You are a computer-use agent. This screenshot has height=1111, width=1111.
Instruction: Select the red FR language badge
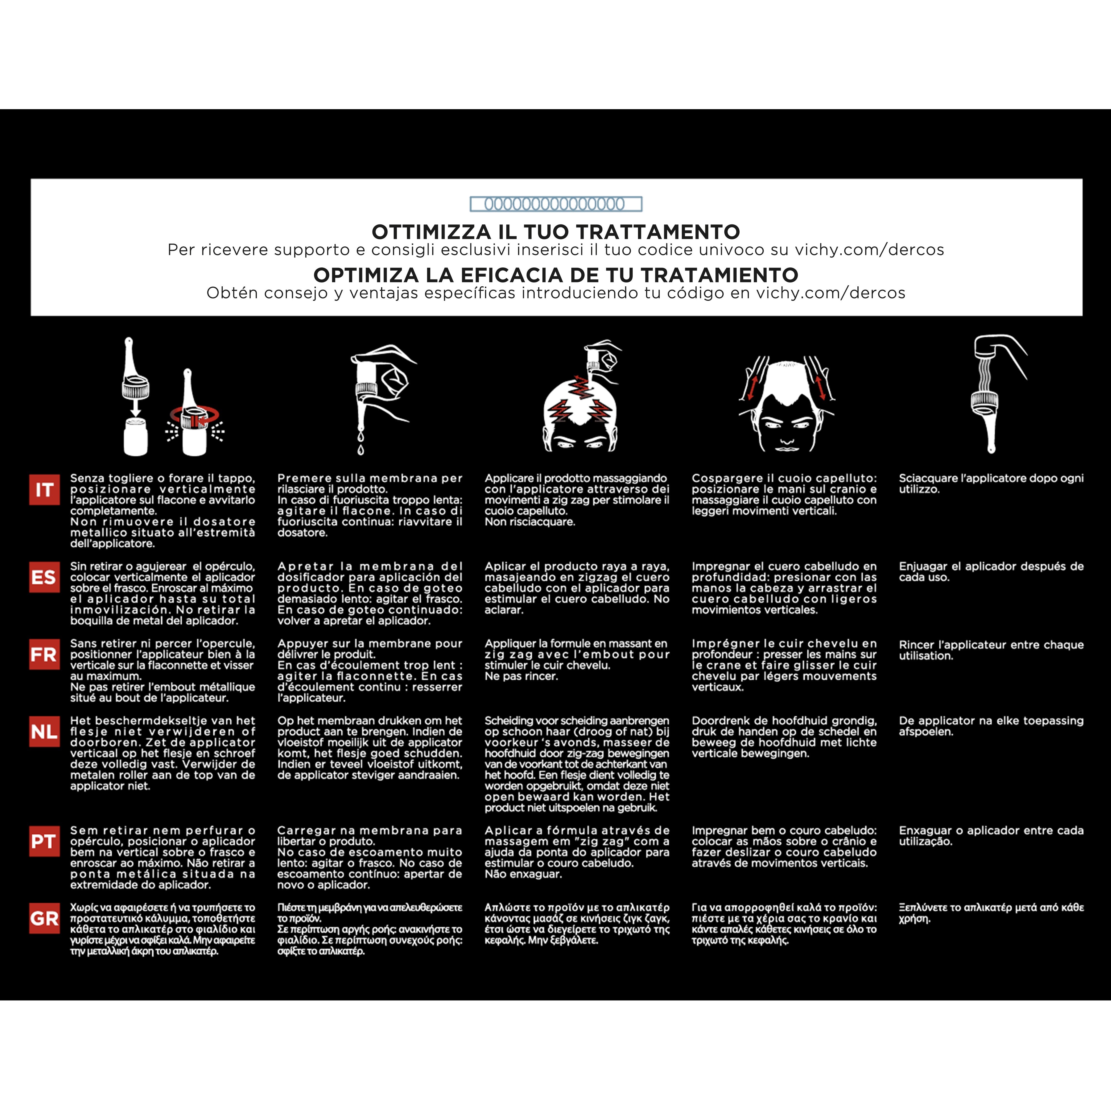pyautogui.click(x=44, y=654)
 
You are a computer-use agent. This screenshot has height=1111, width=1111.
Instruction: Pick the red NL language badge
pyautogui.click(x=44, y=732)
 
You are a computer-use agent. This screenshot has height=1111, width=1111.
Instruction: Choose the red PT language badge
pyautogui.click(x=44, y=841)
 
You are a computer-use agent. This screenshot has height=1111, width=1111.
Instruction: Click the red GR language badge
pyautogui.click(x=44, y=918)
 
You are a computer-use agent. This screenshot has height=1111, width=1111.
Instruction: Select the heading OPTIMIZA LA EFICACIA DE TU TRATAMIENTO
pyautogui.click(x=555, y=275)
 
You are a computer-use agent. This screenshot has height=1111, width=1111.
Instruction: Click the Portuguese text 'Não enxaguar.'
pyautogui.click(x=523, y=874)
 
